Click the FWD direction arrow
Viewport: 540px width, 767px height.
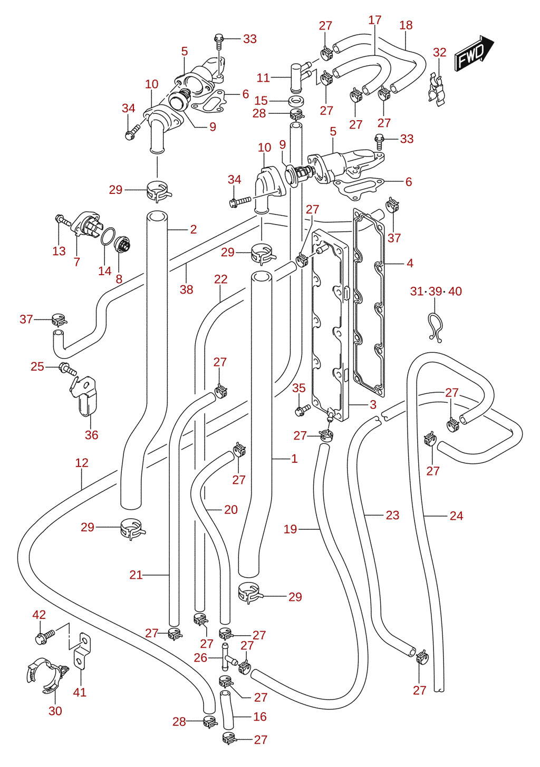474,53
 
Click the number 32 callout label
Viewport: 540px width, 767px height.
439,52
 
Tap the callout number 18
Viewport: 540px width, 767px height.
406,25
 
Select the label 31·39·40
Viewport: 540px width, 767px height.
436,291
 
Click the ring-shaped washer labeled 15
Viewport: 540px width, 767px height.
295,101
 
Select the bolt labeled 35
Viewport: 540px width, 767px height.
302,410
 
